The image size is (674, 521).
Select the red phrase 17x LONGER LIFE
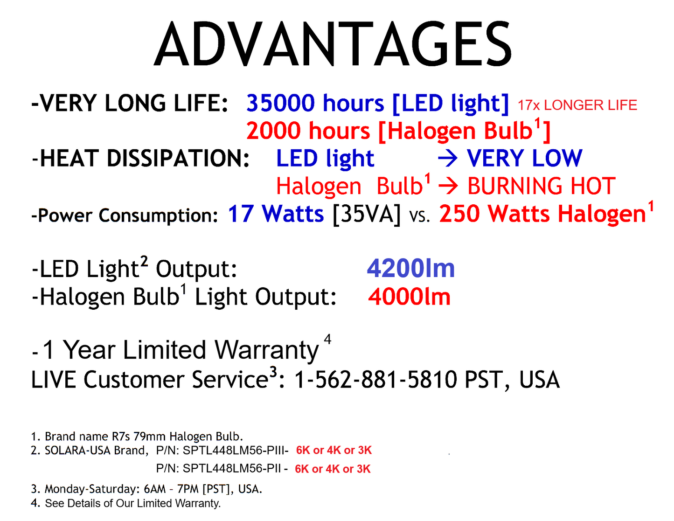point(577,105)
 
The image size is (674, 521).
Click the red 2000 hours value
point(308,131)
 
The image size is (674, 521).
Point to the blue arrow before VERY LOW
point(448,159)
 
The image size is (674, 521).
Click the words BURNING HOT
point(541,186)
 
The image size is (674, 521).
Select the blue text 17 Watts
point(276,214)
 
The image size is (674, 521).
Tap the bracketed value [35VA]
point(367,215)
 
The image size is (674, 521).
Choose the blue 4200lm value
point(410,269)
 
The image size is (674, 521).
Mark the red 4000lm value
point(409,297)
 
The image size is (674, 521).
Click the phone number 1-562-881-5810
point(376,380)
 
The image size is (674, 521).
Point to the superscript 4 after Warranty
point(327,339)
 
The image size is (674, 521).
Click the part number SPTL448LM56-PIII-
point(236,451)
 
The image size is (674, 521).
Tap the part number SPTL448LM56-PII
point(232,469)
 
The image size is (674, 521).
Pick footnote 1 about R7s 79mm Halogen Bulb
point(137,437)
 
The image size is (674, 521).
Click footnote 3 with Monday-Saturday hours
point(146,489)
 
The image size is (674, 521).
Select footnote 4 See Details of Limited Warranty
point(126,503)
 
